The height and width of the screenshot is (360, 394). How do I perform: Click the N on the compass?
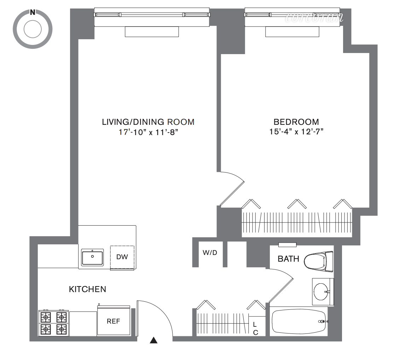point(33,13)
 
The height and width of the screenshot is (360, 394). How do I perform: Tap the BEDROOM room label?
point(296,122)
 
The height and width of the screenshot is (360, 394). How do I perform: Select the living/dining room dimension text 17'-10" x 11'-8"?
point(148,132)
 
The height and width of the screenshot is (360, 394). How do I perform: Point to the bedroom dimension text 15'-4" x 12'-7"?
point(296,132)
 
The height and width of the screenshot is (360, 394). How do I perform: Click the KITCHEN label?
point(87,289)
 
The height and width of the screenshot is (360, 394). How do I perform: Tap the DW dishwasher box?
point(122,257)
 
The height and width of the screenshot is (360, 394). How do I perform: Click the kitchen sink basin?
point(92,257)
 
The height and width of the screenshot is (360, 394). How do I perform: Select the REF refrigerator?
point(114,321)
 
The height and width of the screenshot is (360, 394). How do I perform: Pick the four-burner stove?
point(53,323)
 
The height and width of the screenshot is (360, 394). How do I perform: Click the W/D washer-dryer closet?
point(210,253)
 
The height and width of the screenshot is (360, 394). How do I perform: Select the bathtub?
point(299,322)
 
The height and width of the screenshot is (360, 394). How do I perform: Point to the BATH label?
point(288,259)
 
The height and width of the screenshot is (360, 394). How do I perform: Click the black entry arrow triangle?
point(153,340)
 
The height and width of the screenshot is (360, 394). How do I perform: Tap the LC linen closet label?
point(255,328)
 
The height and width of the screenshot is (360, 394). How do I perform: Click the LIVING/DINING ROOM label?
point(148,122)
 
